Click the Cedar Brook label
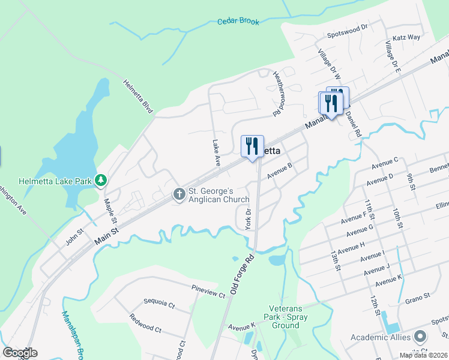[238, 22]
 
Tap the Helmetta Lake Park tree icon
[102, 179]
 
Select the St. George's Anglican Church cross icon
[179, 194]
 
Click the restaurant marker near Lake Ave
[252, 146]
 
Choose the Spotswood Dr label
[347, 36]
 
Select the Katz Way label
[406, 37]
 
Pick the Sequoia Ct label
[158, 305]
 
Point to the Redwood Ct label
[145, 329]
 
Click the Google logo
[20, 353]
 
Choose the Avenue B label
[280, 170]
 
